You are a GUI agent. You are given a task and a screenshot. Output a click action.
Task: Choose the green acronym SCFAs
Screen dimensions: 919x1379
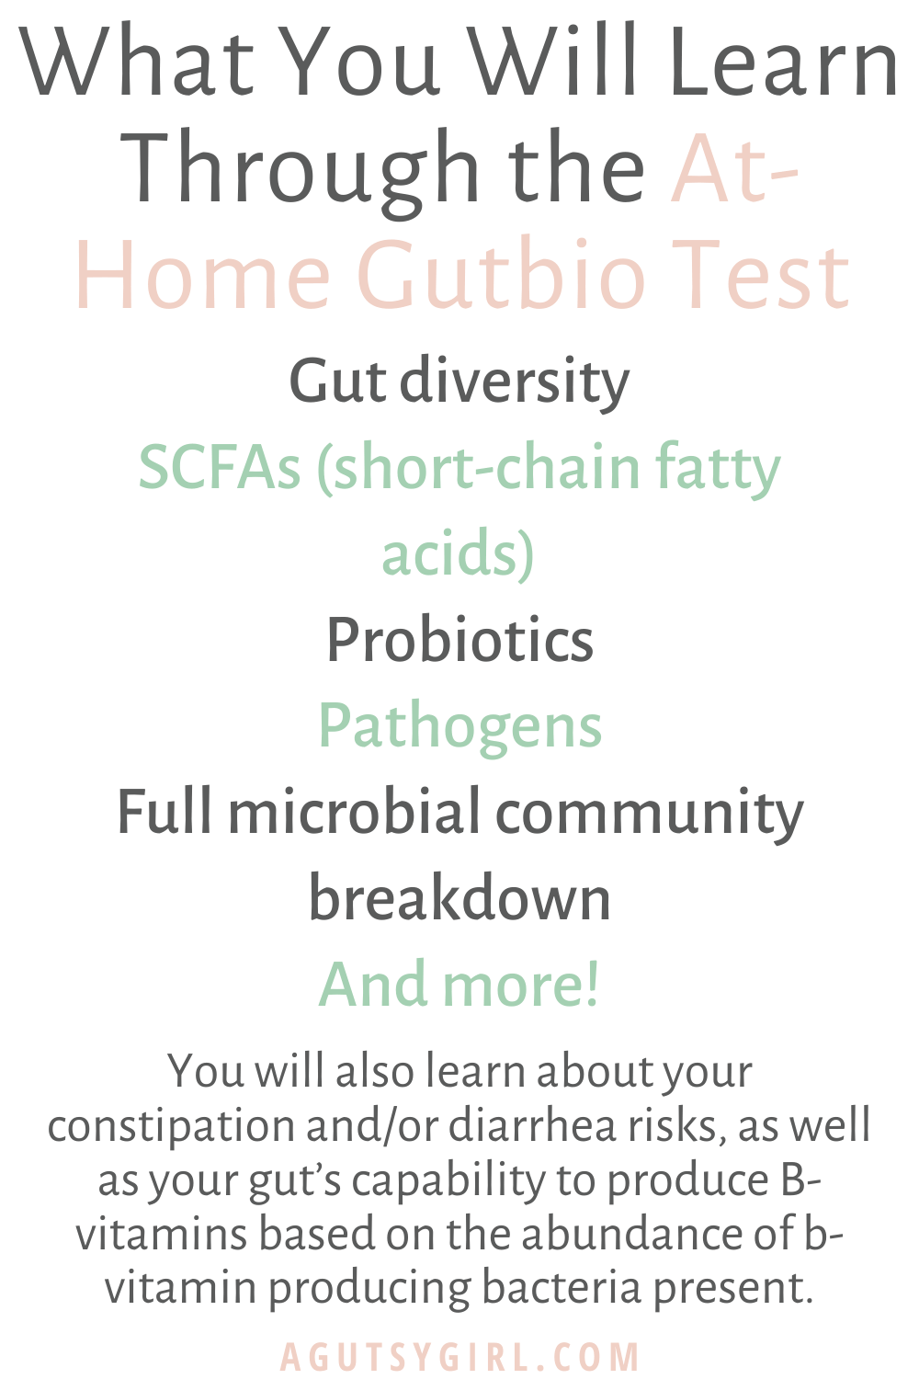coord(220,468)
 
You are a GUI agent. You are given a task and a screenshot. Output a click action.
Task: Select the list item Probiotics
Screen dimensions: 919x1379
coord(459,639)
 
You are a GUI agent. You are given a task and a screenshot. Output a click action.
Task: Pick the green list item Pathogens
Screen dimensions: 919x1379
coord(459,726)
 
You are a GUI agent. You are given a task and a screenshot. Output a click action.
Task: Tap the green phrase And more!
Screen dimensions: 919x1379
coord(459,984)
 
